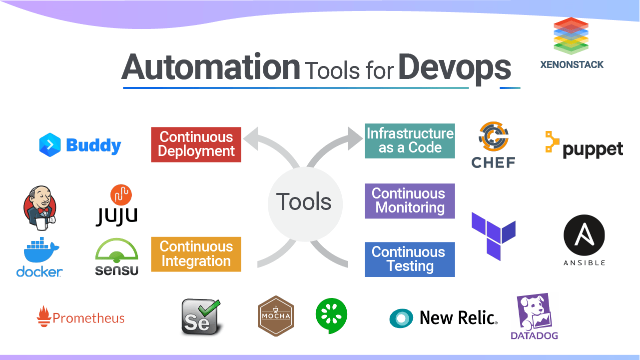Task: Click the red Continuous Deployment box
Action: [196, 144]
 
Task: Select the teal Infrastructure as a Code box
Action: [410, 140]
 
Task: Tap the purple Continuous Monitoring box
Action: [410, 200]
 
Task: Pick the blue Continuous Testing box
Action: [410, 259]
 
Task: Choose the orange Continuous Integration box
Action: [196, 254]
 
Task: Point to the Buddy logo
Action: [80, 145]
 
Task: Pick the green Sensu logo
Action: [116, 256]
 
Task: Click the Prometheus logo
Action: [81, 317]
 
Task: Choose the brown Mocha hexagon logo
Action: [275, 316]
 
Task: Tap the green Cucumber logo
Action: [331, 315]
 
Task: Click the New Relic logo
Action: [443, 317]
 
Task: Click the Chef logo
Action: [493, 144]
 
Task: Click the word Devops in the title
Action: [454, 68]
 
